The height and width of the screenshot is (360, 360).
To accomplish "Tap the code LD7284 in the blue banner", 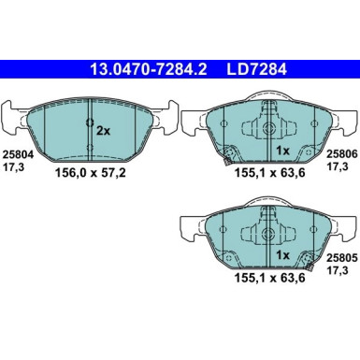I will [x=245, y=69].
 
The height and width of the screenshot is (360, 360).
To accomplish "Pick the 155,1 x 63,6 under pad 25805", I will [x=254, y=280].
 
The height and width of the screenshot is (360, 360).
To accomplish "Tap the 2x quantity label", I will [x=102, y=132].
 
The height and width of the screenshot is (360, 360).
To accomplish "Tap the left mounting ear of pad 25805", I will [x=187, y=224].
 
